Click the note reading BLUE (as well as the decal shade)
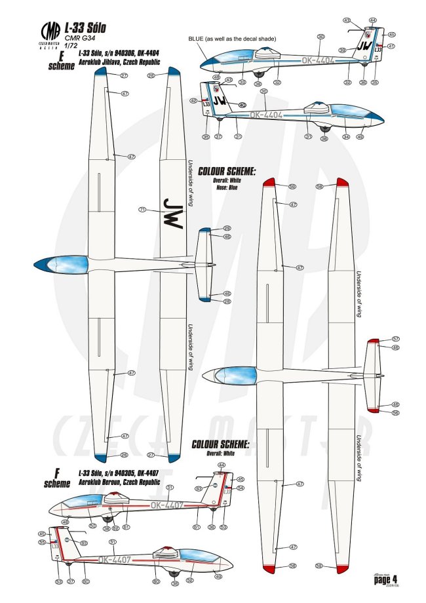coord(232,39)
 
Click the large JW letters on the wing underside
coord(172,211)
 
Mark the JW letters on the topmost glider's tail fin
coord(365,46)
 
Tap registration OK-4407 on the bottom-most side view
coord(117,559)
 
